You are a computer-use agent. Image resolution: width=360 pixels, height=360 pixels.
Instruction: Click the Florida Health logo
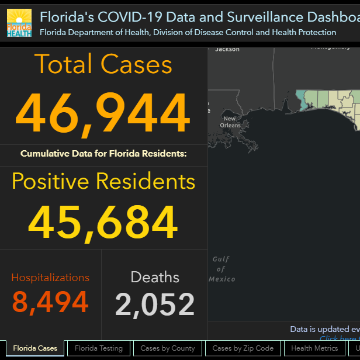pyautogui.click(x=19, y=23)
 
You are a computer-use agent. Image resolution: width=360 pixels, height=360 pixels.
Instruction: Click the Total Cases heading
pyautogui.click(x=103, y=64)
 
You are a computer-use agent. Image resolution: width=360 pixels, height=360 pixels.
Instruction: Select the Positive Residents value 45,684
pyautogui.click(x=103, y=223)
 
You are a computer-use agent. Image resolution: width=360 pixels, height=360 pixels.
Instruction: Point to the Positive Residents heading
pyautogui.click(x=103, y=182)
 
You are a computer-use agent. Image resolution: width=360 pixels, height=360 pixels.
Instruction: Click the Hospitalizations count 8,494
pyautogui.click(x=50, y=302)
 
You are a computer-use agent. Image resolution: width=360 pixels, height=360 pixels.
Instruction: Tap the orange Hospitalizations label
pyautogui.click(x=50, y=278)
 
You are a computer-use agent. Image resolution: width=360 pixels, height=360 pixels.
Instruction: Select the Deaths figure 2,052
pyautogui.click(x=155, y=304)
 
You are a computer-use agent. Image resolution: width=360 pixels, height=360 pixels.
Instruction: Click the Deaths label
pyautogui.click(x=155, y=278)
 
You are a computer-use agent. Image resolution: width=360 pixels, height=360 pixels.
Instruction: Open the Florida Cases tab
pyautogui.click(x=35, y=348)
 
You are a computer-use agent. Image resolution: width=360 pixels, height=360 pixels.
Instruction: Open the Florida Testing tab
pyautogui.click(x=99, y=348)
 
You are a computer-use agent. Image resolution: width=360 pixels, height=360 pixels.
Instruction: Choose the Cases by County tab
pyautogui.click(x=168, y=348)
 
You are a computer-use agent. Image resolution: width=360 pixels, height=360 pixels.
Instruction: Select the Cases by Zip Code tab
pyautogui.click(x=243, y=348)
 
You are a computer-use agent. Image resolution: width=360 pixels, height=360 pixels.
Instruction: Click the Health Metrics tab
pyautogui.click(x=314, y=348)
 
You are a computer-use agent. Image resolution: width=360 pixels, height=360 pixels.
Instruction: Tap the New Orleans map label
pyautogui.click(x=230, y=122)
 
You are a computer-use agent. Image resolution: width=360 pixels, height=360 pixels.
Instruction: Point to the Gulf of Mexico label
pyautogui.click(x=221, y=269)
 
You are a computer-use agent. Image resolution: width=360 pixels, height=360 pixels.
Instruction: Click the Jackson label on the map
pyautogui.click(x=227, y=50)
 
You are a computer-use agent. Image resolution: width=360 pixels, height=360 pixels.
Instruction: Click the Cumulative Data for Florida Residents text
pyautogui.click(x=103, y=154)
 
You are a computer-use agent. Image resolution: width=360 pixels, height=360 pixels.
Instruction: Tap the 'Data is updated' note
pyautogui.click(x=324, y=330)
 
